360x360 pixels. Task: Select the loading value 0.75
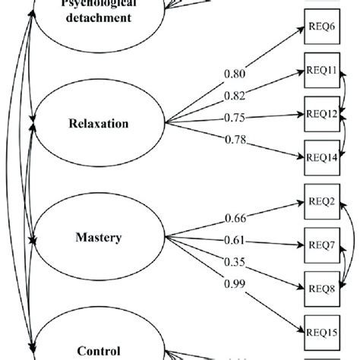(x=236, y=118)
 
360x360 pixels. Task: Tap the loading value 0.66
(x=235, y=219)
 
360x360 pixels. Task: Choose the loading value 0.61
(x=235, y=240)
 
